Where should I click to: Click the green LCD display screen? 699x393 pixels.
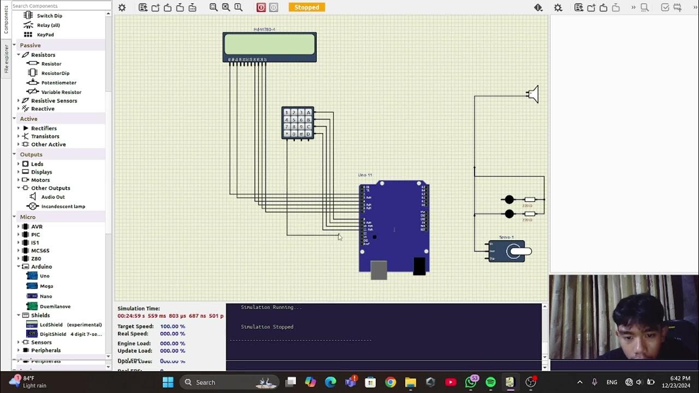point(269,44)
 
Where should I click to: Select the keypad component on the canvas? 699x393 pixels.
point(297,123)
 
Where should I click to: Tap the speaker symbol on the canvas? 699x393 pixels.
point(533,94)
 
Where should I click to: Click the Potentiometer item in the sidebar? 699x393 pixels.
point(58,82)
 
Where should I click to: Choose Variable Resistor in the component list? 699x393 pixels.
point(61,92)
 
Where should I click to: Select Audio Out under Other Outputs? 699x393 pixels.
point(52,196)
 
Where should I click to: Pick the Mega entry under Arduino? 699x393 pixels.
point(46,286)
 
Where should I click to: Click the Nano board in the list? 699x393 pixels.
point(46,296)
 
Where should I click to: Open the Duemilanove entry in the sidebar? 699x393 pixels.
point(55,306)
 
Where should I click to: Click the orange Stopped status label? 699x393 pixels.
point(306,7)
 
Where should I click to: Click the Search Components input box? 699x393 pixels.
point(57,6)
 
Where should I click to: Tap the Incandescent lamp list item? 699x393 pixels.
point(63,206)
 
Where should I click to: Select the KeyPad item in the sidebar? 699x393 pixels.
point(45,34)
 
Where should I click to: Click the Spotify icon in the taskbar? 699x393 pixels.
point(490,382)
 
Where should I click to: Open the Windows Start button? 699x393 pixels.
point(168,382)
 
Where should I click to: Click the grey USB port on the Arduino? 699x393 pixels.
point(378,270)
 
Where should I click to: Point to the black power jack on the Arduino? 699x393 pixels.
point(419,266)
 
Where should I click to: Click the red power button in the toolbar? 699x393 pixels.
point(261,7)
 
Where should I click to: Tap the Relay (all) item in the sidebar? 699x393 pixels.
point(48,25)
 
